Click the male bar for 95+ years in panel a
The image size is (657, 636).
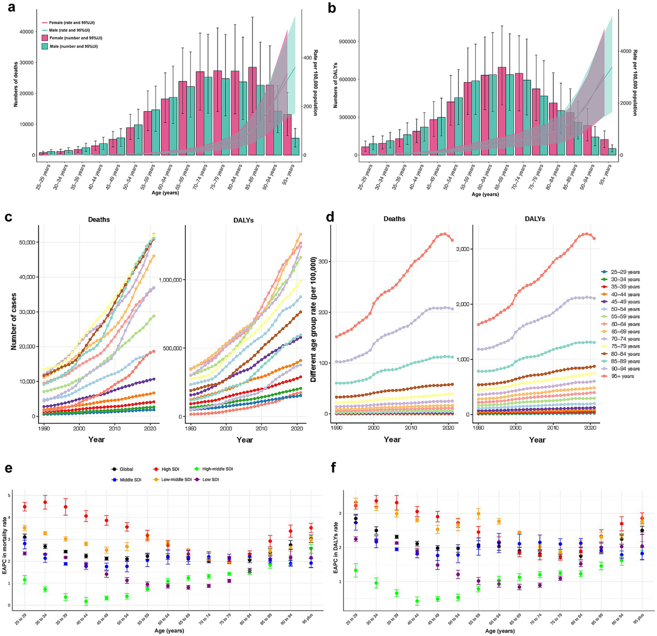pyautogui.click(x=295, y=146)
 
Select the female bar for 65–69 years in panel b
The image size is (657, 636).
pyautogui.click(x=502, y=111)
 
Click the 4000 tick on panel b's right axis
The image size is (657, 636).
pyautogui.click(x=626, y=51)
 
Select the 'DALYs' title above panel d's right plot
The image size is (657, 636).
pyautogui.click(x=535, y=219)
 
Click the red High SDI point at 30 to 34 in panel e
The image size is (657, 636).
pyautogui.click(x=45, y=502)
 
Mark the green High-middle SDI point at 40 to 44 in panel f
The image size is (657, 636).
pyautogui.click(x=417, y=601)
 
